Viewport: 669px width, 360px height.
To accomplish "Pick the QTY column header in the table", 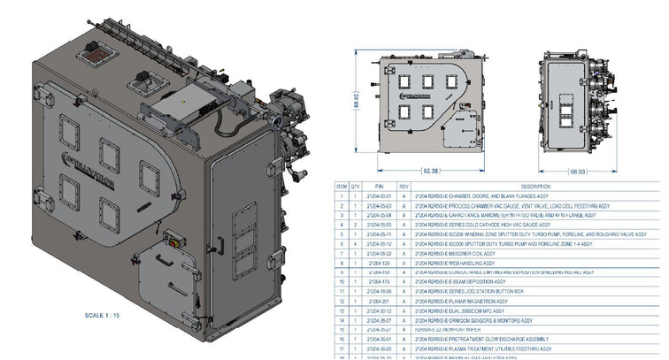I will pos(355,187).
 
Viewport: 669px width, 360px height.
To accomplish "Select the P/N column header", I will pos(379,187).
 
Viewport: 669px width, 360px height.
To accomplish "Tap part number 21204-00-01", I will pos(379,195).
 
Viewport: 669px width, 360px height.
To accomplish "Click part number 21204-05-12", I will pos(379,244).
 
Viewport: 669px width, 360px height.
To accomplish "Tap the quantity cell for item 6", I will pos(355,244).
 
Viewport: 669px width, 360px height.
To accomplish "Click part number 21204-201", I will pos(379,302).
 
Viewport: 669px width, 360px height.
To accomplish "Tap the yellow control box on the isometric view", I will pos(173,241).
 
